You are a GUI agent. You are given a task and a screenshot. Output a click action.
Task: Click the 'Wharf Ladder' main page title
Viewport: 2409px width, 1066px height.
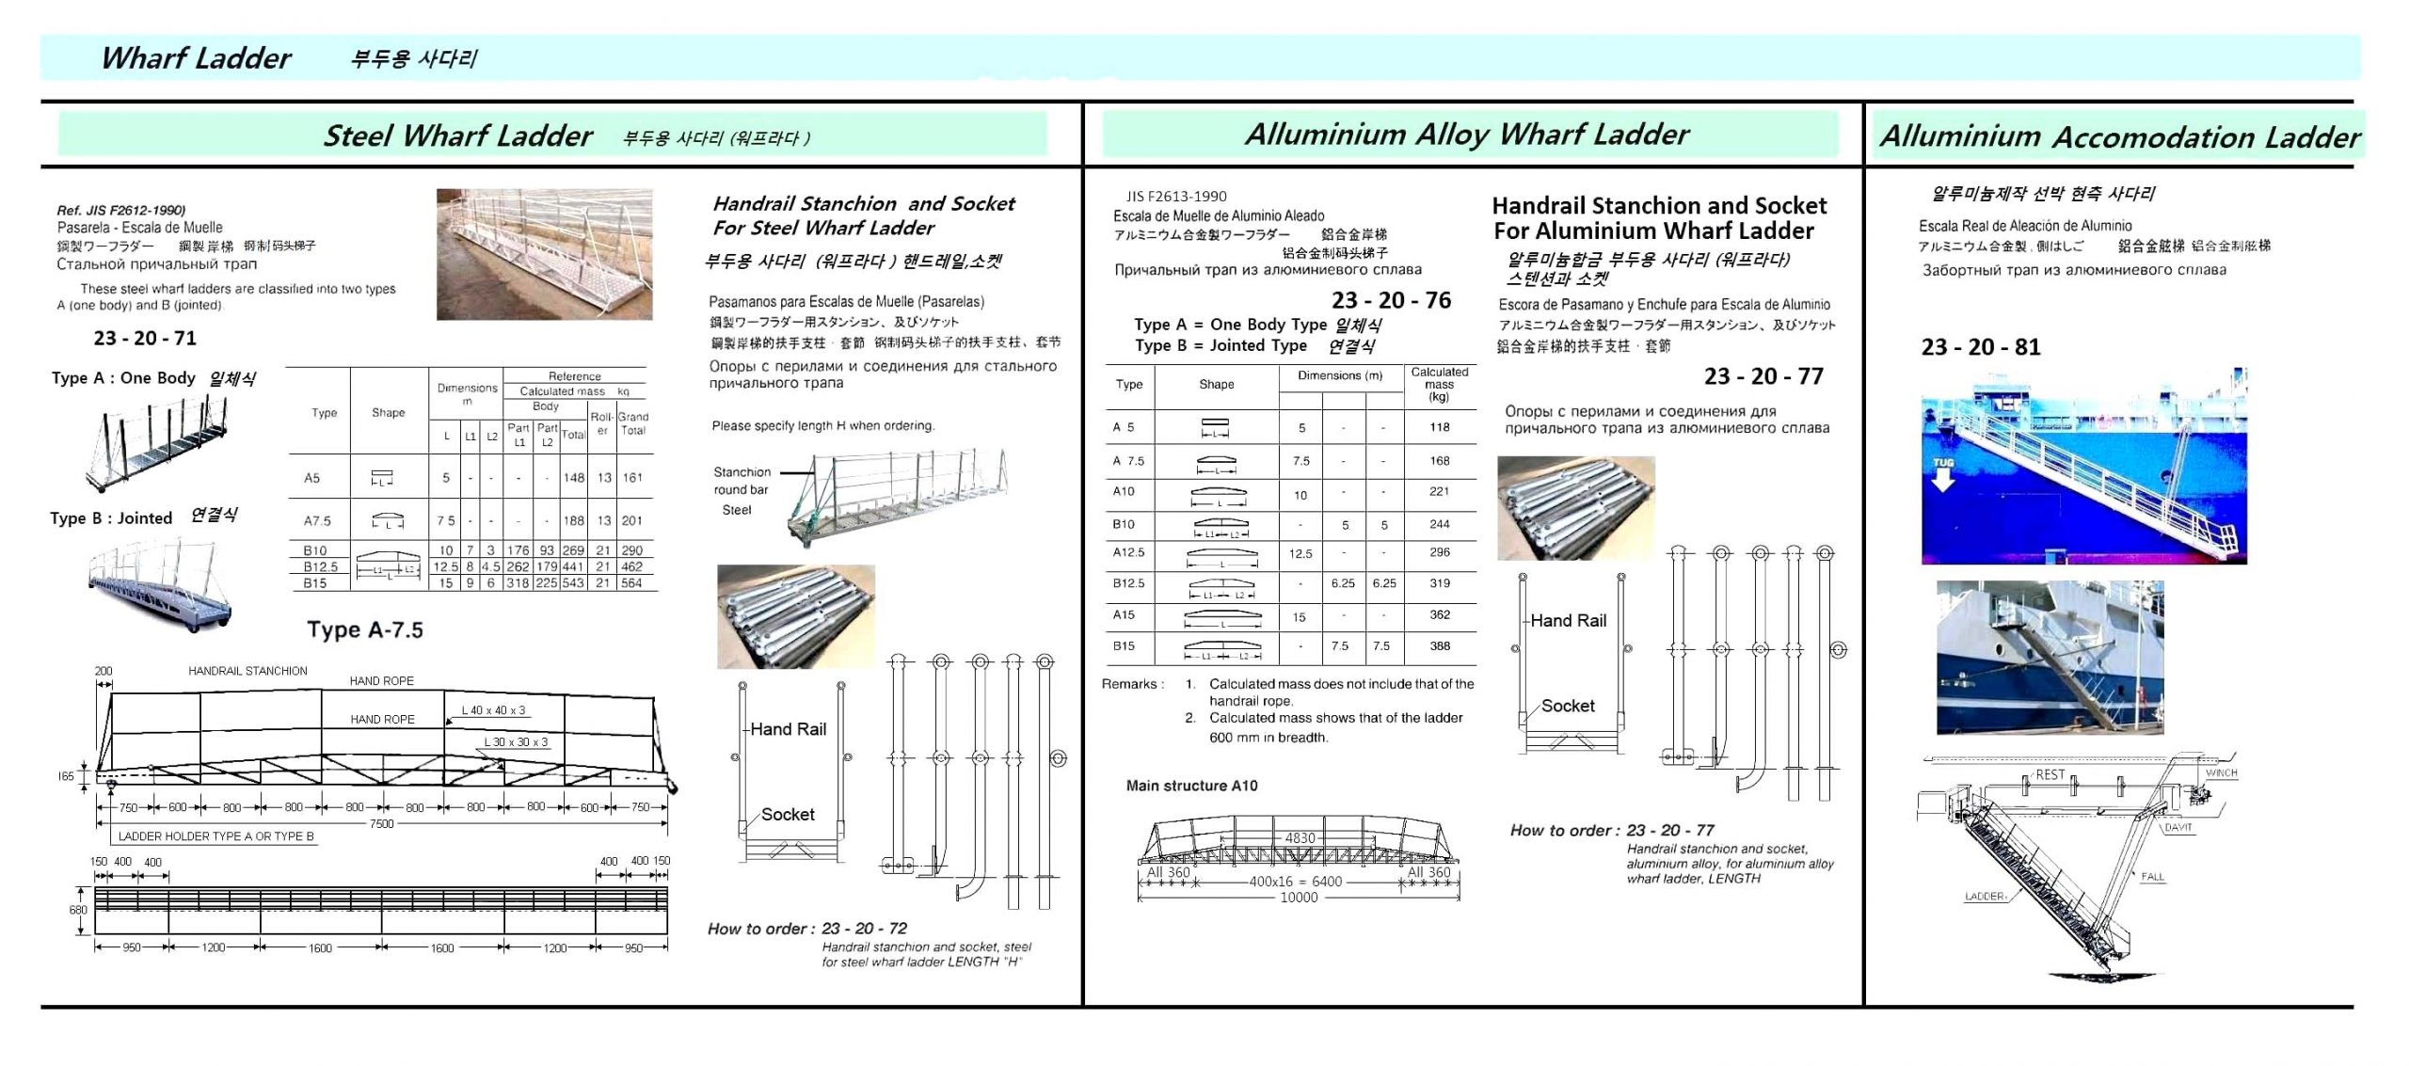pos(196,58)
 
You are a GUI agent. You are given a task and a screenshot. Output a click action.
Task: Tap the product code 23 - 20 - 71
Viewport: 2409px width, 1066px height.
pos(145,339)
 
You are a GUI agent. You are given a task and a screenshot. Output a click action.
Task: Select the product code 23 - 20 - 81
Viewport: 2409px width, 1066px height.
pos(1981,347)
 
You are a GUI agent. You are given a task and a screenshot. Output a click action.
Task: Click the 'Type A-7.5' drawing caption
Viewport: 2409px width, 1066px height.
pos(365,630)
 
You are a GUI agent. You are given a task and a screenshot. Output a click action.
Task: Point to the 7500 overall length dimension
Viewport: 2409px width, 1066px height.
pos(381,824)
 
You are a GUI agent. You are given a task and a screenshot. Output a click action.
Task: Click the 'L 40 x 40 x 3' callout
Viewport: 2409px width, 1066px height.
pos(493,710)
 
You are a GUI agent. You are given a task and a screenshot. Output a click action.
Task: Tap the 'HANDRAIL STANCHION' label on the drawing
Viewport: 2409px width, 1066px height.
pos(247,671)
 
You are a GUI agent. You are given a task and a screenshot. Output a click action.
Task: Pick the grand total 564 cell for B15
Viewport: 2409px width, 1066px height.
pos(631,583)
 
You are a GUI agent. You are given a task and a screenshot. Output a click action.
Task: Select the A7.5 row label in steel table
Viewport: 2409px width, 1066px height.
pos(317,521)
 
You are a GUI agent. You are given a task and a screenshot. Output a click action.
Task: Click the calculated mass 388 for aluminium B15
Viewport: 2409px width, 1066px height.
pos(1440,646)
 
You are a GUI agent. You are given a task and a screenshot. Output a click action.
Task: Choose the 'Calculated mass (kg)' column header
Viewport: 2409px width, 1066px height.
pos(1439,384)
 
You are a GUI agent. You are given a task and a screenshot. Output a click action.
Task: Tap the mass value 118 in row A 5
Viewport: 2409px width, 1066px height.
pos(1440,427)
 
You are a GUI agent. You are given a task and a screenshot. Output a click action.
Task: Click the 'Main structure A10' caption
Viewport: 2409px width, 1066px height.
pos(1191,786)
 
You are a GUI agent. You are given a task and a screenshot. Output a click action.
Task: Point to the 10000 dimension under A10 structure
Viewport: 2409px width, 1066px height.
pos(1299,898)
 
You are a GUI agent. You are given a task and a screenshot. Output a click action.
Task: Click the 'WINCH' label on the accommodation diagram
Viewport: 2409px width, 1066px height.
pos(2221,773)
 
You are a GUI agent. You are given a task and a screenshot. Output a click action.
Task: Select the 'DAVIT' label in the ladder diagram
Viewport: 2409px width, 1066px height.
pos(2178,828)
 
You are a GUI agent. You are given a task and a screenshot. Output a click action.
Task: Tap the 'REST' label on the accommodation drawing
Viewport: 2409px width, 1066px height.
pos(2050,775)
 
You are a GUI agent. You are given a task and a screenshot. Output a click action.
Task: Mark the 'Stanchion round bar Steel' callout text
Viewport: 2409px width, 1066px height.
pos(742,491)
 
